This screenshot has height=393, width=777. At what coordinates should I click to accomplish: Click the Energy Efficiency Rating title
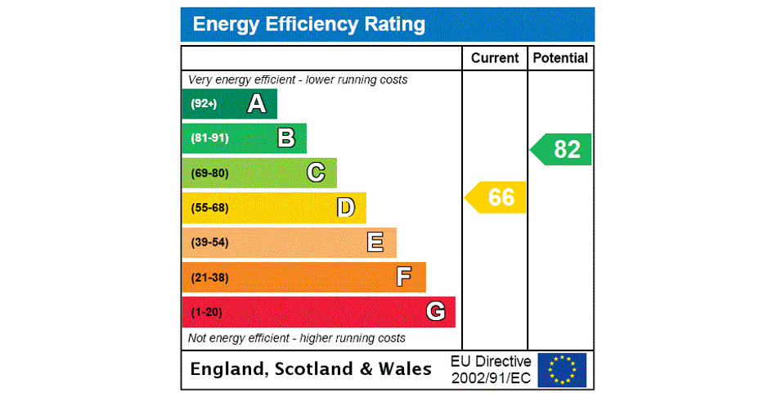[308, 25]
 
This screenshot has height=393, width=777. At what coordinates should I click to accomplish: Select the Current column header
[495, 58]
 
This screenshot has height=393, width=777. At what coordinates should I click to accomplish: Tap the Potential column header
[560, 58]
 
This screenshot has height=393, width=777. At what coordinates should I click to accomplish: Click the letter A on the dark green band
[257, 104]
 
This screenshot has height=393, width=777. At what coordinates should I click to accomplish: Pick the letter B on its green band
[286, 138]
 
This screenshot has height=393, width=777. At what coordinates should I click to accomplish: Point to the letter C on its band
[316, 173]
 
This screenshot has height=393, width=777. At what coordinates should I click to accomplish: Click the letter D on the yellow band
[346, 208]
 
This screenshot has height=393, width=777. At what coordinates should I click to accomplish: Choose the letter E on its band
[375, 242]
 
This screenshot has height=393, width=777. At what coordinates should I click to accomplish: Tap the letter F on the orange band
[404, 277]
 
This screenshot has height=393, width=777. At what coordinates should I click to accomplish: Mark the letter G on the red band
[435, 312]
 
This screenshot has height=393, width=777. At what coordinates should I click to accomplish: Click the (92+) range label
[204, 104]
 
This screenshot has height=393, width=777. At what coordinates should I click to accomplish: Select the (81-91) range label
[209, 138]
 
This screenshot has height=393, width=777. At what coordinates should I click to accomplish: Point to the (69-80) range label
[209, 173]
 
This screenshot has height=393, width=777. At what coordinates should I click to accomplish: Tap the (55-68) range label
[209, 208]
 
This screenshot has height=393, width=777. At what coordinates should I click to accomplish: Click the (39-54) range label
[209, 242]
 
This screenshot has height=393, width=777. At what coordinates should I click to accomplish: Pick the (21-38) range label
[209, 278]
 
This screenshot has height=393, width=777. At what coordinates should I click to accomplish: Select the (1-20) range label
[206, 312]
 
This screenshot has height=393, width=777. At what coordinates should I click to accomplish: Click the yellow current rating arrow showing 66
[496, 197]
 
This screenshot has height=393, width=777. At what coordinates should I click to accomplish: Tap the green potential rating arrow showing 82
[562, 149]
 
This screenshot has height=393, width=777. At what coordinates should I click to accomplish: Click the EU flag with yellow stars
[562, 370]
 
